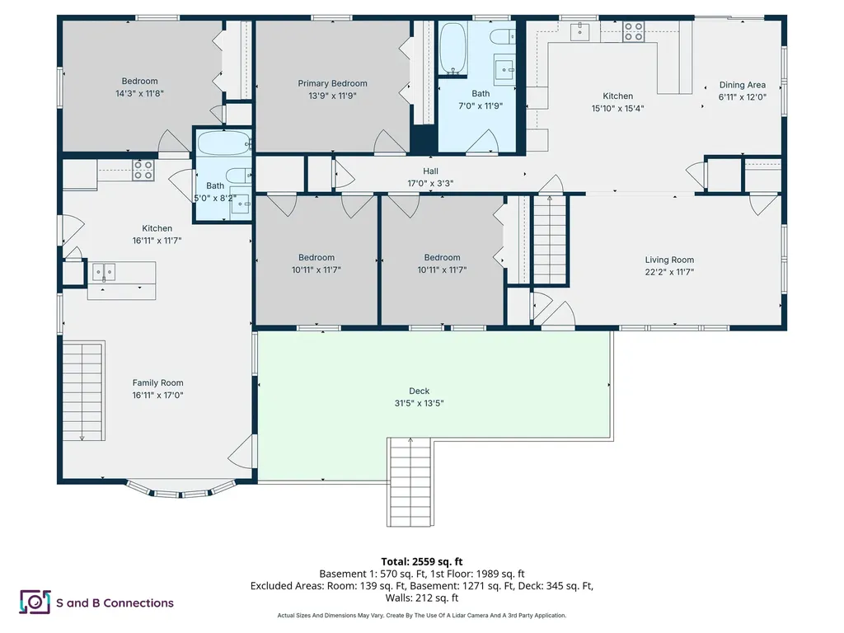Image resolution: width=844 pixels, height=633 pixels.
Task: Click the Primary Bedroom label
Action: (332, 83)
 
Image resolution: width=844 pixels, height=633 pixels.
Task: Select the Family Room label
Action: (157, 382)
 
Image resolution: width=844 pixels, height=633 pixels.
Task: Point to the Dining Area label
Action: (742, 85)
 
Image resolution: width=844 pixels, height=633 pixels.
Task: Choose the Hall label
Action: (430, 171)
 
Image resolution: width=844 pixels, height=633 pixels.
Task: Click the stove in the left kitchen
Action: (143, 171)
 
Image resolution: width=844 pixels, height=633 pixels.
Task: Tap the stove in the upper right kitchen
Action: (633, 32)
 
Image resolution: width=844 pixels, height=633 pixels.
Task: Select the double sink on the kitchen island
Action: (104, 271)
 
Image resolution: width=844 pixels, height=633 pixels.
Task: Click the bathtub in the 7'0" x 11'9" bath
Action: (452, 48)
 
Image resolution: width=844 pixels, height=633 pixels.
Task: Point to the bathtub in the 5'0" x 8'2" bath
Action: (223, 143)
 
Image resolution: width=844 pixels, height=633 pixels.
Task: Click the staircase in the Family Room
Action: (82, 390)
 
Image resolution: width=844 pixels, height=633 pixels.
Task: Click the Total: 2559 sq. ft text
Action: (421, 560)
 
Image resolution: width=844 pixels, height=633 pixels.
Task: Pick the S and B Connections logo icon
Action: (35, 603)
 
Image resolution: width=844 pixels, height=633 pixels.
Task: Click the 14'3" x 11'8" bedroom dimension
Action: (139, 93)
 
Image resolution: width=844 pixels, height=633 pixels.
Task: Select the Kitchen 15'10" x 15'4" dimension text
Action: (617, 108)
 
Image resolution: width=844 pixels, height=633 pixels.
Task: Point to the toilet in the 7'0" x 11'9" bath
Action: (499, 37)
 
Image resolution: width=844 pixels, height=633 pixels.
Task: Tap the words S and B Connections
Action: (115, 603)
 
